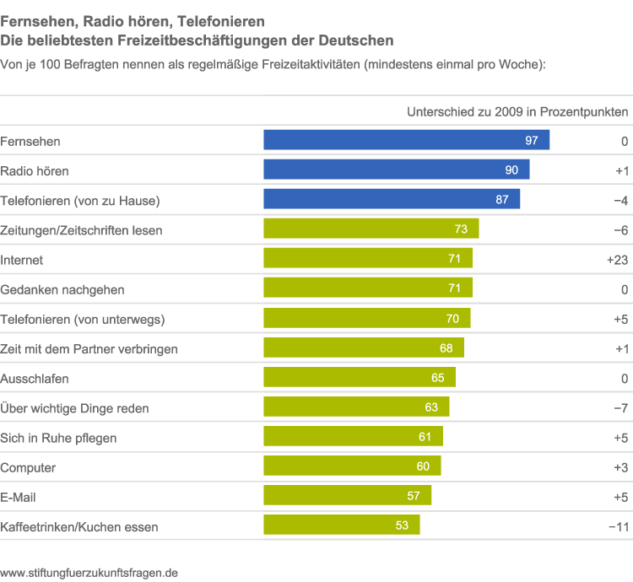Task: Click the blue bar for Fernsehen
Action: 406,140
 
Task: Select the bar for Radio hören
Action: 396,170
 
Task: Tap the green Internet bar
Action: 368,259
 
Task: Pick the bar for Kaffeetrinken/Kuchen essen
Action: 341,525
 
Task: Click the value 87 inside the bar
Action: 502,200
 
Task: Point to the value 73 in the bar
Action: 461,229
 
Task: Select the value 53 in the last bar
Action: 402,525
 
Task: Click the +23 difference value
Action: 617,260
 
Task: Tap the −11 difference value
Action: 618,526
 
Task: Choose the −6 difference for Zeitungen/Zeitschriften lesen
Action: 619,230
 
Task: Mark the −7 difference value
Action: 619,408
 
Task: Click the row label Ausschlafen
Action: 35,379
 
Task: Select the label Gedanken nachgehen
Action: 62,289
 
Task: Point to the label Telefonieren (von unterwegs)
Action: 83,319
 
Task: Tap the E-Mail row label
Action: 18,497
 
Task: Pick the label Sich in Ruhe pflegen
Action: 58,438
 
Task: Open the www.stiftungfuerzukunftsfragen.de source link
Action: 89,571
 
